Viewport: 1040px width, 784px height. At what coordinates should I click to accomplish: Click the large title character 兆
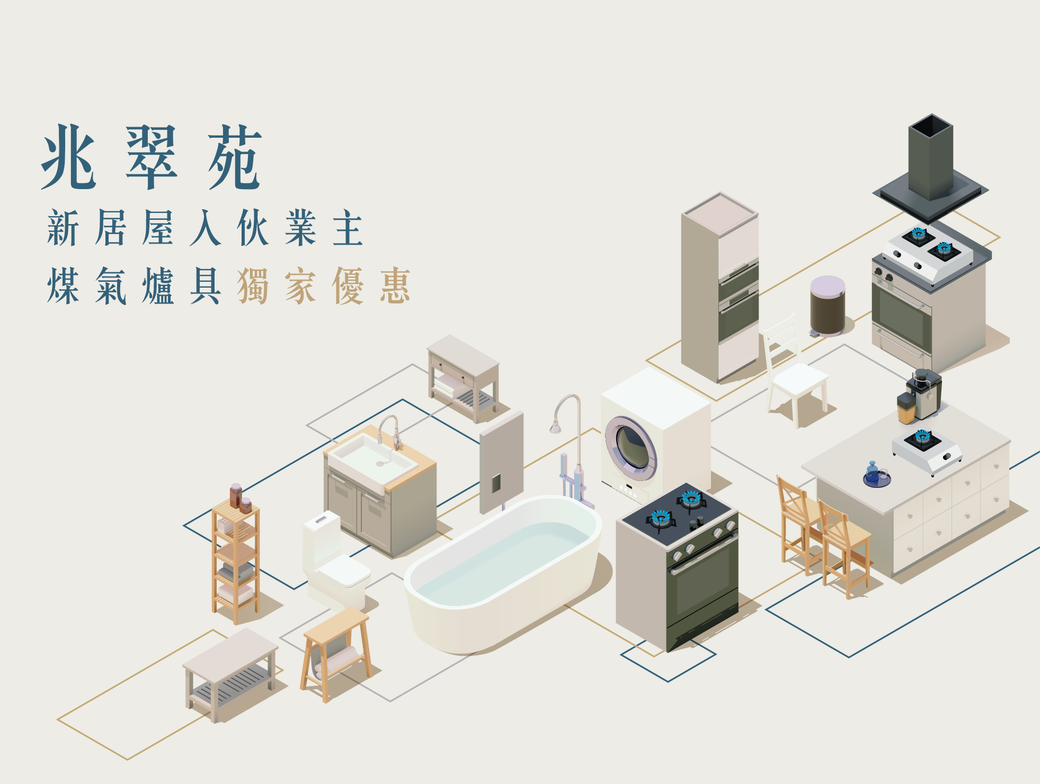[69, 157]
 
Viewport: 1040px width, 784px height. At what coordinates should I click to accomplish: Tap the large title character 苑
[235, 157]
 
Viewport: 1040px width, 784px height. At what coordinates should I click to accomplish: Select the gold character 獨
[253, 286]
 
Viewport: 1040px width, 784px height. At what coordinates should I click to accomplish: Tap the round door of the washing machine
[631, 448]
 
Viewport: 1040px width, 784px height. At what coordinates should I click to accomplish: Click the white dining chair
[794, 370]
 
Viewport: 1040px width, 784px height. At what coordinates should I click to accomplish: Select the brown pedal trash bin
[828, 306]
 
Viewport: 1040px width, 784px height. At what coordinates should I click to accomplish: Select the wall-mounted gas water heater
[501, 462]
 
